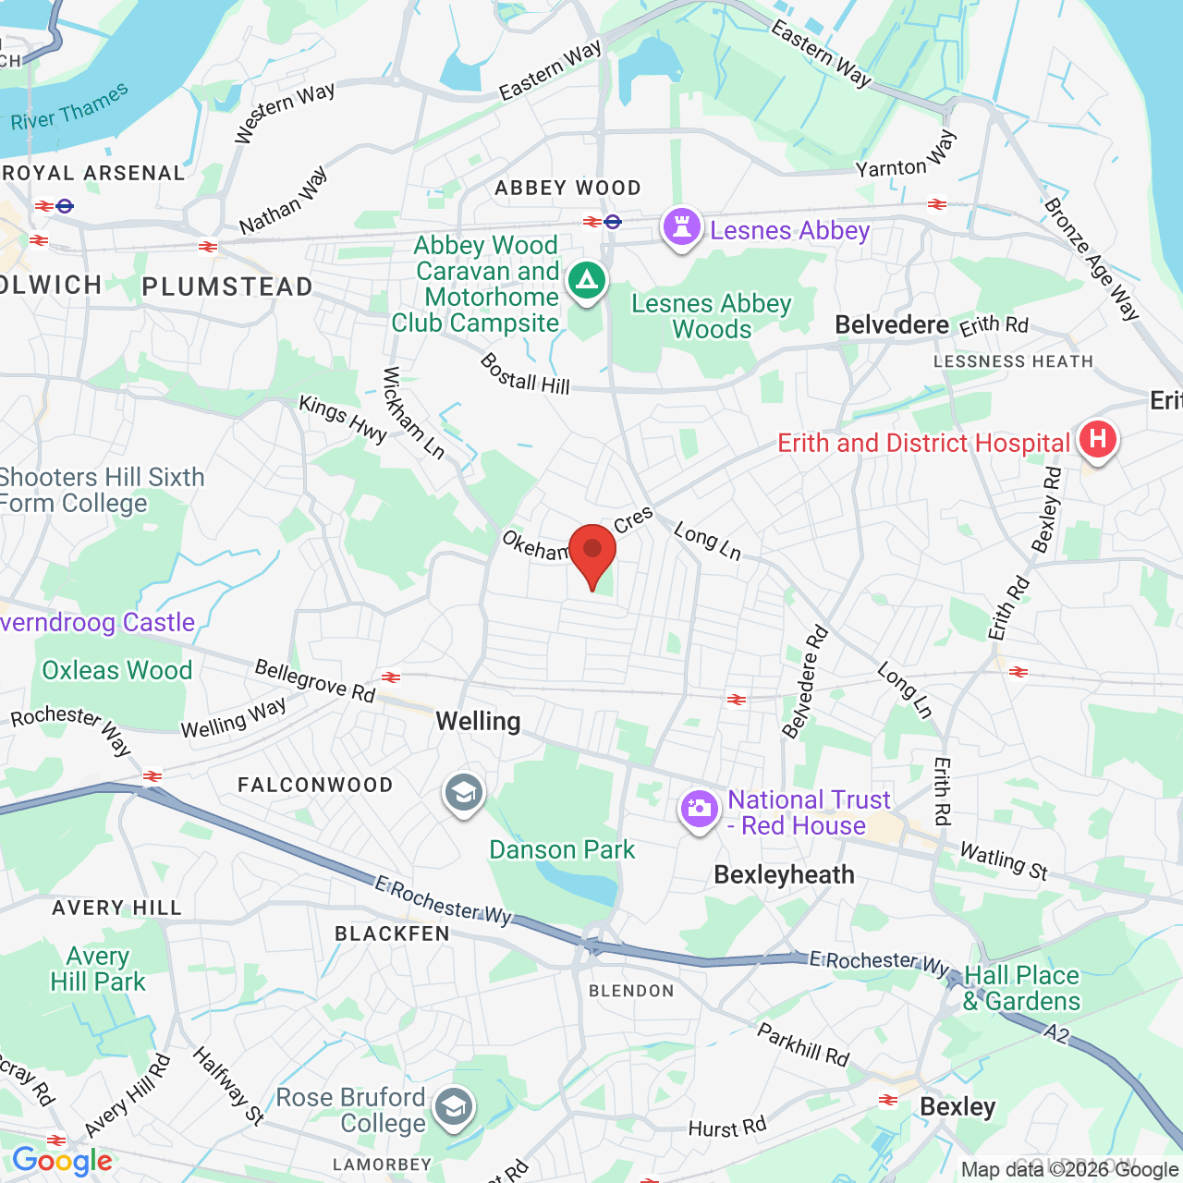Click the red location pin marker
point(592,551)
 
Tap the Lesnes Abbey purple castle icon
point(682,227)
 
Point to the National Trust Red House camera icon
point(699,810)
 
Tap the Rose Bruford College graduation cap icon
point(453,1107)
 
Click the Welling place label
point(478,721)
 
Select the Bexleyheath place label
point(784,874)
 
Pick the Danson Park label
point(562,849)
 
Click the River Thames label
point(70,108)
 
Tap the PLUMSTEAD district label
point(227,287)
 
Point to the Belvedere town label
point(891,324)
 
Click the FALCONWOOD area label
point(315,785)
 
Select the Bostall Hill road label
point(525,374)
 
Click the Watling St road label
point(1004,861)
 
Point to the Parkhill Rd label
point(803,1044)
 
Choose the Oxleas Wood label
point(117,670)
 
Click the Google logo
point(62,1161)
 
